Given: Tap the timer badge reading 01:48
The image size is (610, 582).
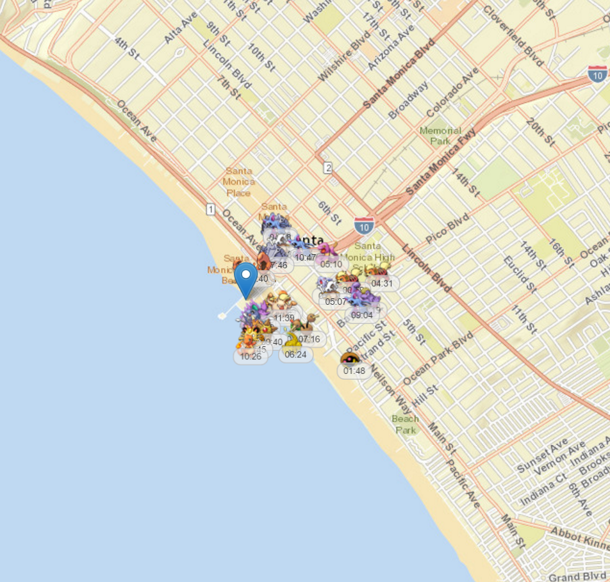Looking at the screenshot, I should pos(354,371).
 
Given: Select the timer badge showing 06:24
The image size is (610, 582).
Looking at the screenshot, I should pos(295,355).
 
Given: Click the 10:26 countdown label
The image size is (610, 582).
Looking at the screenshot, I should pos(251,357).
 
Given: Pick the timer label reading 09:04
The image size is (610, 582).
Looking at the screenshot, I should pos(362,315).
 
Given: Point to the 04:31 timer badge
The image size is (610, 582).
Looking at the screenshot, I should pos(382,283).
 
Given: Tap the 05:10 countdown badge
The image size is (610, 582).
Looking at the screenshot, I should pos(331,264).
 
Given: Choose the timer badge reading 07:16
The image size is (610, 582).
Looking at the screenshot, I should pos(309,339).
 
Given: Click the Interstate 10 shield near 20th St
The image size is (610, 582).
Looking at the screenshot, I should pos(597,74).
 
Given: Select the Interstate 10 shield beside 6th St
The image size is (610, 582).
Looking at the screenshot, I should pos(364,226).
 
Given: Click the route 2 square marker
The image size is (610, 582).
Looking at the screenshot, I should pos(328,168).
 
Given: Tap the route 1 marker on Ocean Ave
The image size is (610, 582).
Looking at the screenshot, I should pos(210,209).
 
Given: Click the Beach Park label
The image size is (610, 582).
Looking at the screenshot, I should pos(405,424).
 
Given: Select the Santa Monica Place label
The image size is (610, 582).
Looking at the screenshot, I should pos(238,182).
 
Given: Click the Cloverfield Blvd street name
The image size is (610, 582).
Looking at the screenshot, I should pos(513,36).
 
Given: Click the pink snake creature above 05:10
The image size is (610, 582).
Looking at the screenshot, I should pos(327,249).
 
